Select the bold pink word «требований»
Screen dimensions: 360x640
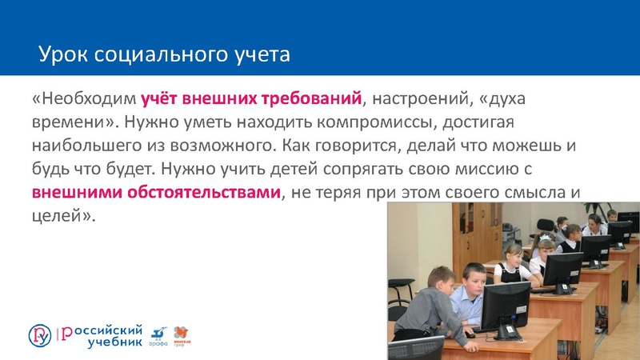[311, 100]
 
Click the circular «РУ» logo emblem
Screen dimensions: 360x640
[40, 335]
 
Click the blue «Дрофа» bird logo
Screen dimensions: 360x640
[158, 335]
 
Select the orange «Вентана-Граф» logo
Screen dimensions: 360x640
[182, 335]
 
